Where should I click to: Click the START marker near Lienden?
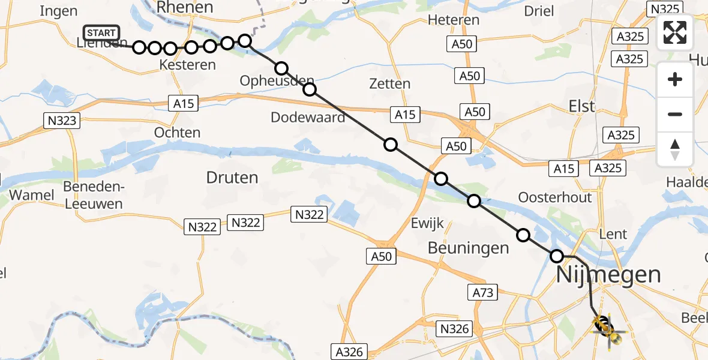pyautogui.click(x=102, y=33)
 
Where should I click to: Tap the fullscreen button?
pyautogui.click(x=675, y=32)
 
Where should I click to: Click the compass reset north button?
pyautogui.click(x=675, y=149)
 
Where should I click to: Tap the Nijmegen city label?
pyautogui.click(x=608, y=275)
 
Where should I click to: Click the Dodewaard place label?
pyautogui.click(x=308, y=117)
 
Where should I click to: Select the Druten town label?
pyautogui.click(x=232, y=178)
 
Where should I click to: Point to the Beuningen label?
pyautogui.click(x=468, y=248)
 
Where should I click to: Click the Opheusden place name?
pyautogui.click(x=277, y=80)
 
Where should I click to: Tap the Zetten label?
pyautogui.click(x=390, y=84)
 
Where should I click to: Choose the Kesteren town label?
pyautogui.click(x=188, y=64)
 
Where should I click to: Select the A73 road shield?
pyautogui.click(x=483, y=292)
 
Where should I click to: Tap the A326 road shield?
pyautogui.click(x=349, y=352)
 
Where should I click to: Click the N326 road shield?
pyautogui.click(x=455, y=328)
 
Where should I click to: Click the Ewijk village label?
pyautogui.click(x=427, y=224)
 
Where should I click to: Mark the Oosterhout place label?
pyautogui.click(x=554, y=197)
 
